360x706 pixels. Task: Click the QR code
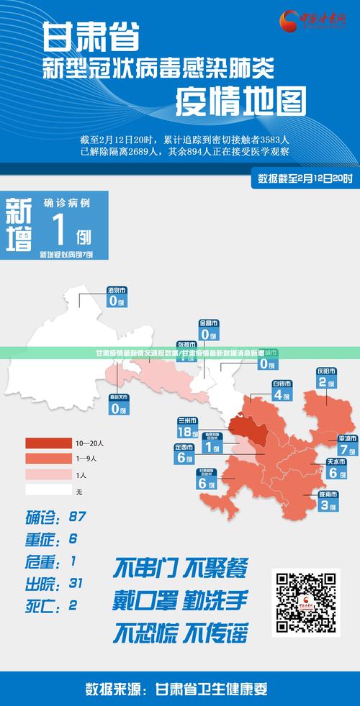tap(305, 602)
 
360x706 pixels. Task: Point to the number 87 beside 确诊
tap(77, 516)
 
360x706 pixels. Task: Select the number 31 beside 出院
tap(76, 582)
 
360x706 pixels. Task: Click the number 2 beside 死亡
tap(73, 605)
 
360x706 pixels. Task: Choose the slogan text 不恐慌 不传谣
tap(180, 633)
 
